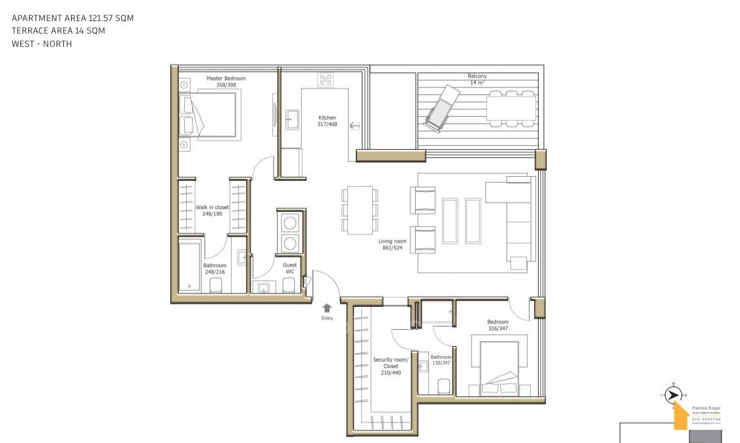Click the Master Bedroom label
tap(226, 81)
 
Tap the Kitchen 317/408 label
tap(327, 121)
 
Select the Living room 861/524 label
tap(392, 245)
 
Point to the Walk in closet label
tap(212, 210)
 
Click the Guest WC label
tap(289, 268)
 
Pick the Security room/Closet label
tap(391, 366)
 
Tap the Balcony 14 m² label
tap(478, 80)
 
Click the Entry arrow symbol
tap(327, 308)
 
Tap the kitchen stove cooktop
tap(325, 80)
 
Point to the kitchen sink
tap(292, 120)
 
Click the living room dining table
tap(359, 210)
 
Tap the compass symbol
tap(672, 395)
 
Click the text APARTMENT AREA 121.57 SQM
tap(72, 18)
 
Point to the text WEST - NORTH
tap(41, 44)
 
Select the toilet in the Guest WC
tap(288, 285)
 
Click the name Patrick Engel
tap(706, 408)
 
